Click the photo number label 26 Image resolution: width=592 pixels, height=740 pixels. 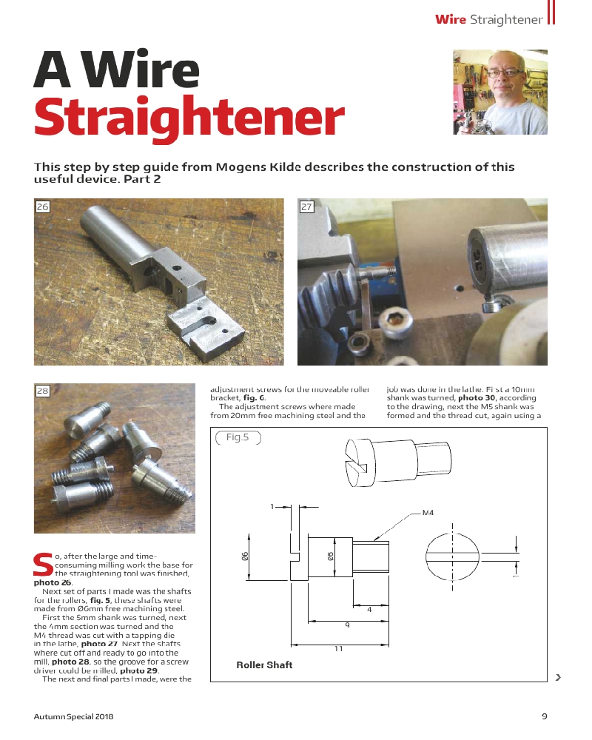[x=42, y=207]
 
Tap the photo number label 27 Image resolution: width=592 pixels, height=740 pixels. [x=306, y=207]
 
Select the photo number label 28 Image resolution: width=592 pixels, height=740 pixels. [x=42, y=391]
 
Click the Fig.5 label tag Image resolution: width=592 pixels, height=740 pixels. [x=238, y=437]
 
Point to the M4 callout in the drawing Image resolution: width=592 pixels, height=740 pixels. [x=427, y=512]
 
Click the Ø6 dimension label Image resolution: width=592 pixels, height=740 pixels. [x=245, y=556]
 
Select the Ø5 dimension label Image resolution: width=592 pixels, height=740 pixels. [x=331, y=556]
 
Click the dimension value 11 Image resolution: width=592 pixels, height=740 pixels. [x=338, y=648]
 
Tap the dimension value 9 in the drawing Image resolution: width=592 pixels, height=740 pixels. [x=347, y=625]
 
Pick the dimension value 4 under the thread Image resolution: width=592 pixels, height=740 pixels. [x=369, y=610]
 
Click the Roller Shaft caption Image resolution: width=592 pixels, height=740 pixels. [x=264, y=665]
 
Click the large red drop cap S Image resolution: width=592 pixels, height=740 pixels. [x=41, y=564]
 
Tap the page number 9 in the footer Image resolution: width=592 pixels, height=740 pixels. [x=544, y=716]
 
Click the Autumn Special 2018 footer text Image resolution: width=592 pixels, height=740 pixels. [x=73, y=716]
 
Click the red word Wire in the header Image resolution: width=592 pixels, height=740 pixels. [x=451, y=19]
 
